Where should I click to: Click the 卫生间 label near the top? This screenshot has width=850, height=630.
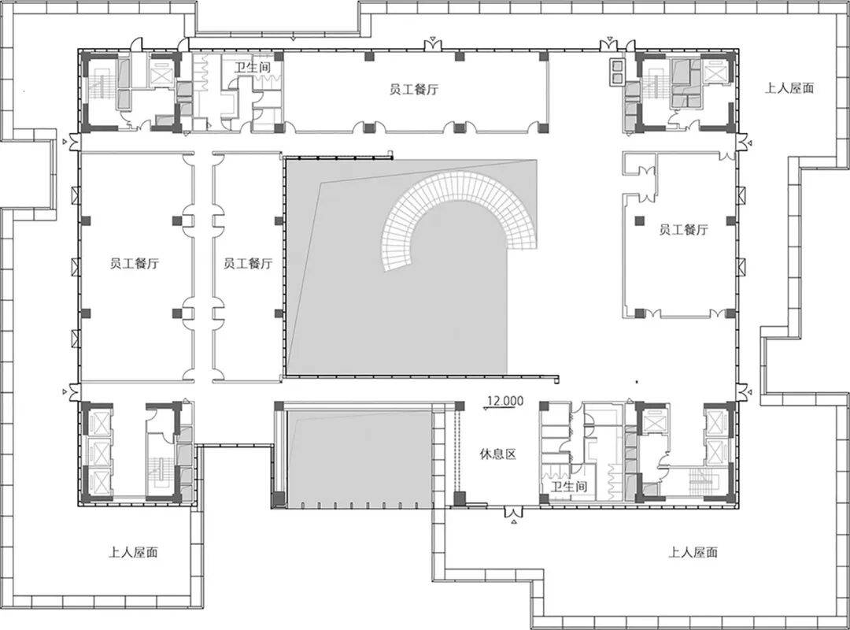(x=252, y=69)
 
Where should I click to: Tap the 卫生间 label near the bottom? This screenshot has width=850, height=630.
(x=569, y=486)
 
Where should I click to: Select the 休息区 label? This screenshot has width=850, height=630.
(x=497, y=454)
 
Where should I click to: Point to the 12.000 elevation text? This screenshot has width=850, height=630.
(x=505, y=401)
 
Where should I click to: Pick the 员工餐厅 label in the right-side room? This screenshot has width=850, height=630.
(x=684, y=229)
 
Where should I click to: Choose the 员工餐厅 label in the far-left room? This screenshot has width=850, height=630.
(x=134, y=264)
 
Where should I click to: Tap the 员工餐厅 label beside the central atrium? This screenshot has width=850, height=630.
(x=248, y=264)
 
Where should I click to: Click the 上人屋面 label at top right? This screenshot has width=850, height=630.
(x=789, y=88)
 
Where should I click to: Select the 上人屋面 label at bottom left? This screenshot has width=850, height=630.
(x=133, y=552)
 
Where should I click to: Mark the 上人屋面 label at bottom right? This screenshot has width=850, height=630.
(x=693, y=552)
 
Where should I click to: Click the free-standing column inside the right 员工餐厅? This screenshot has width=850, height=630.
(x=640, y=220)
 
